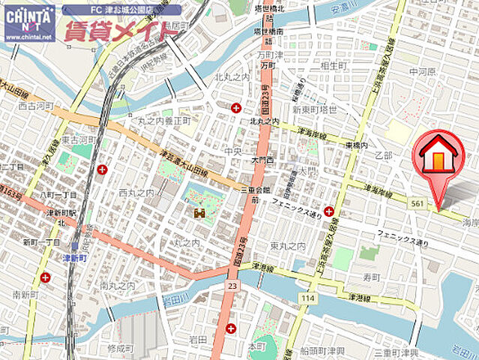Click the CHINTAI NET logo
point(29,22)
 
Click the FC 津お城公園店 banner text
point(121,10)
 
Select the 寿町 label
point(372,277)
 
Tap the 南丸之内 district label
point(118,286)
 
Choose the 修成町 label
point(118,349)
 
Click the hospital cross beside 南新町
point(46,277)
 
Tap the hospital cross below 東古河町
point(101,169)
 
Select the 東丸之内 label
point(288,246)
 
